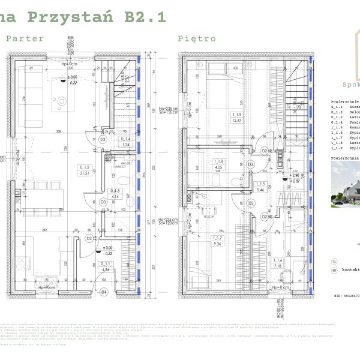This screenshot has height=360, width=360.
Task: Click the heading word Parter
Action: point(25,38)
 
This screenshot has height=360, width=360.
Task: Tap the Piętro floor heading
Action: point(196,38)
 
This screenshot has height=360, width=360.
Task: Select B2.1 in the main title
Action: point(145,17)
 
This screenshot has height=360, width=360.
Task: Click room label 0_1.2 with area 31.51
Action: point(84,170)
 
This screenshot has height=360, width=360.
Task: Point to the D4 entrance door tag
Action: point(103,292)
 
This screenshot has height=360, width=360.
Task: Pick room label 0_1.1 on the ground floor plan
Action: point(106,266)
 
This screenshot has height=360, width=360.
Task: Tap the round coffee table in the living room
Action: point(62,103)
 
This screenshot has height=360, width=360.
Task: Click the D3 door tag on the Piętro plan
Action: point(251,163)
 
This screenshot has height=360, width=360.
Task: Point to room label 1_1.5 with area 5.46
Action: point(260,187)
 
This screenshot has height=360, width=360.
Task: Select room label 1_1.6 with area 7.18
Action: point(277,262)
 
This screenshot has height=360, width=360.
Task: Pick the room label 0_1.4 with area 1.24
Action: point(125,142)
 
